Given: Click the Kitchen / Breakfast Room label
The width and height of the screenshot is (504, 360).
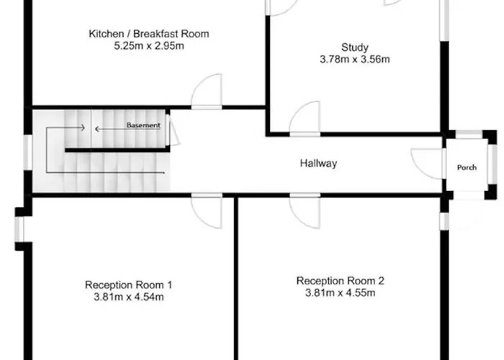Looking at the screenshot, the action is (x=149, y=34).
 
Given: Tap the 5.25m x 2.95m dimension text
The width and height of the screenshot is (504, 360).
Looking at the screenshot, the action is (x=149, y=46).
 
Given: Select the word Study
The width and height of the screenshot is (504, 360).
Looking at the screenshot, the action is (x=355, y=48).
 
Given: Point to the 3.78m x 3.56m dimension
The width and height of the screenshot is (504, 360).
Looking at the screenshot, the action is (x=355, y=60).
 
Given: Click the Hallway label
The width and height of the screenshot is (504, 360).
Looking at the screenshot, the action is (x=318, y=163).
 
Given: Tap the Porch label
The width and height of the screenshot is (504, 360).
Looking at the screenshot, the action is (x=467, y=168).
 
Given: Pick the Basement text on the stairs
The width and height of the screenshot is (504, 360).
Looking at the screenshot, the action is (x=143, y=125).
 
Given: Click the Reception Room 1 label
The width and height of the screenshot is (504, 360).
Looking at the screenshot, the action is (x=129, y=285).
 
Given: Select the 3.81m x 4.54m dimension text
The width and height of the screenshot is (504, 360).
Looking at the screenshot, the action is (x=129, y=297).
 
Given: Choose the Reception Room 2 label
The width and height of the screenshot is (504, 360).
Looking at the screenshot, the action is (x=340, y=281).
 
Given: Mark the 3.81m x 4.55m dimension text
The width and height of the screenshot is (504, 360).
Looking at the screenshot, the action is (x=340, y=293).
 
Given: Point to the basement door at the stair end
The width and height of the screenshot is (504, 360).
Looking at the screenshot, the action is (x=174, y=130).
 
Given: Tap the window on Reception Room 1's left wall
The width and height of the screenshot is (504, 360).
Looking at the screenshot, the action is (x=19, y=229).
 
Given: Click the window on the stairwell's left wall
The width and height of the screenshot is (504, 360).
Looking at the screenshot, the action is (x=28, y=152).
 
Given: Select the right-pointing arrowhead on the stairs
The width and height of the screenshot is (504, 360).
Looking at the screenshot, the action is (x=83, y=127).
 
